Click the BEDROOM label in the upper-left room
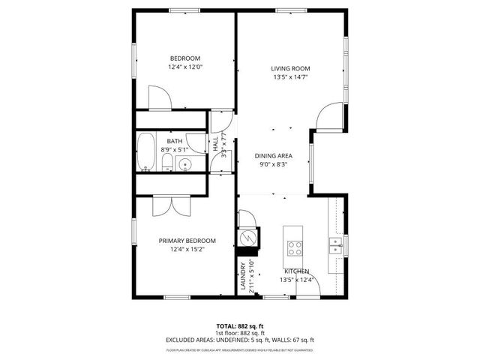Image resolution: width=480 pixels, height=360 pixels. (x=184, y=58)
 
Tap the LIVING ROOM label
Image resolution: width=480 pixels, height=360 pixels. (x=289, y=68)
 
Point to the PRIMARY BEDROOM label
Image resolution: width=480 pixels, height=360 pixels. (x=187, y=241)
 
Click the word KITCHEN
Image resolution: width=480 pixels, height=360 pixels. (x=296, y=271)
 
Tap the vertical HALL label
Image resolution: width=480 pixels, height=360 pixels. (x=216, y=143)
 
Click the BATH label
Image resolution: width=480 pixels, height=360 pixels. (x=174, y=141)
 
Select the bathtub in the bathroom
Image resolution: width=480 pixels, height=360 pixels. (x=145, y=153)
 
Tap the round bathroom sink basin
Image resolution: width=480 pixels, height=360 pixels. (x=187, y=164)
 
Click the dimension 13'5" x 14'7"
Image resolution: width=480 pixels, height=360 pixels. (x=289, y=76)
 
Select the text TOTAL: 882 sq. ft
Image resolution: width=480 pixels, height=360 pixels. (x=239, y=326)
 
